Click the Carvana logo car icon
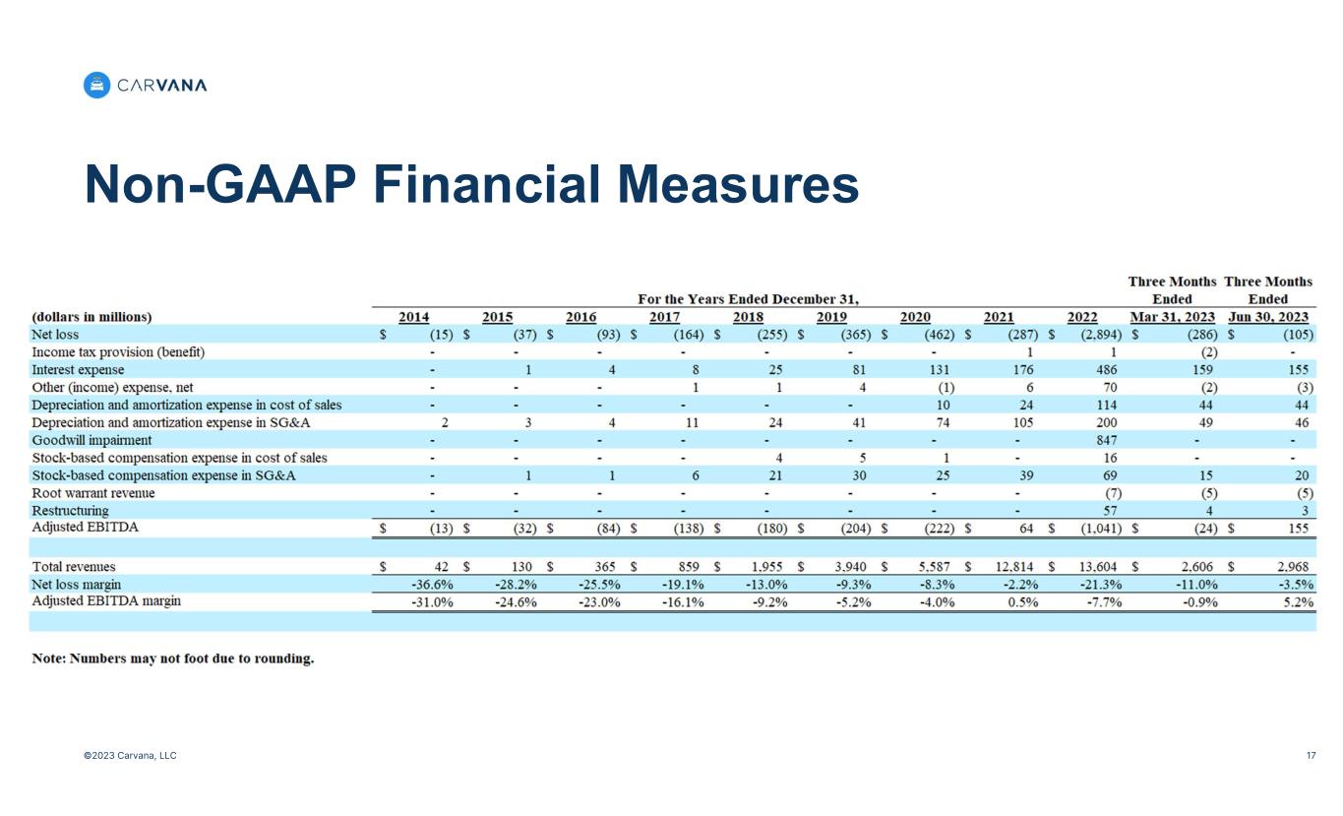tap(96, 86)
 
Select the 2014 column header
tap(413, 317)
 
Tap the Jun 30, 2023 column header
tap(1268, 317)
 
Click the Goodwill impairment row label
tap(92, 440)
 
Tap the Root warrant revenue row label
tap(93, 493)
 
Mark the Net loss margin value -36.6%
tap(431, 584)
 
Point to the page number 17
tap(1311, 756)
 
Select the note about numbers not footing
tap(173, 659)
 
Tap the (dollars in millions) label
tap(92, 317)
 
